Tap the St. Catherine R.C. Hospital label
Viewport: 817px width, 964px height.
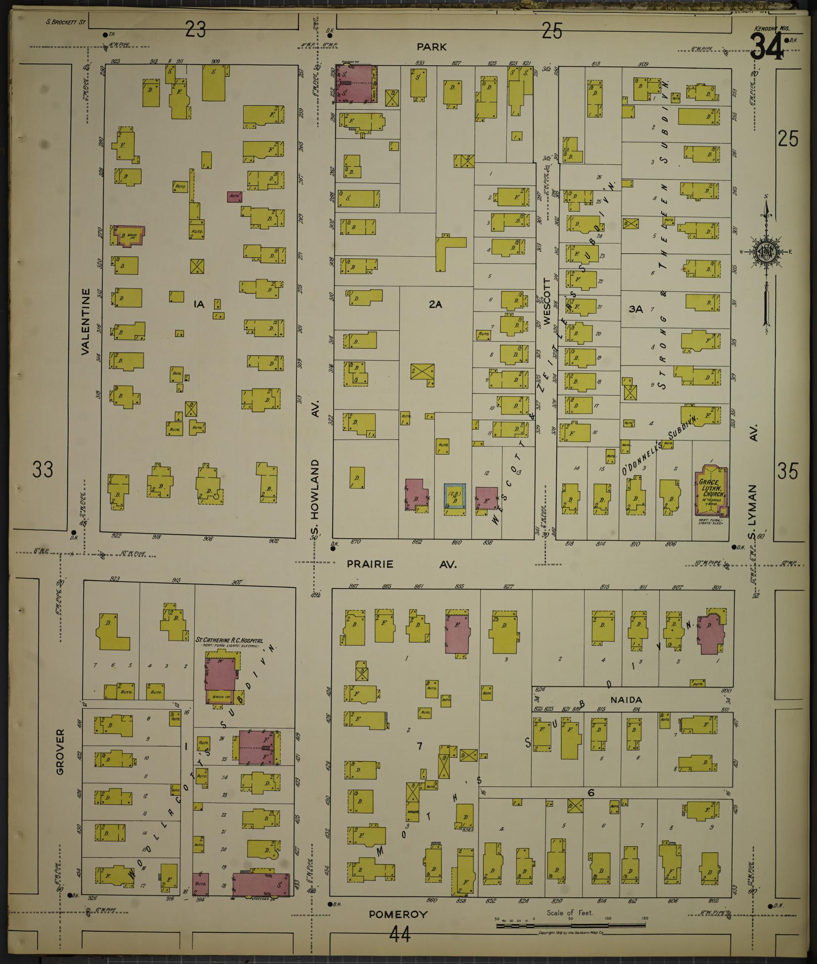[x=233, y=640]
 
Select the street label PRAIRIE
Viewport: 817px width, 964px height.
[x=370, y=564]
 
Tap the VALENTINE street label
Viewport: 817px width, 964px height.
[x=86, y=322]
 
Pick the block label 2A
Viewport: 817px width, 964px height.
[x=435, y=305]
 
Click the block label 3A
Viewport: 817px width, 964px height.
[x=635, y=309]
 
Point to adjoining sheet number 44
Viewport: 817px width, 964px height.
[x=400, y=935]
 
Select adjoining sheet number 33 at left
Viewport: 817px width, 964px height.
[x=43, y=469]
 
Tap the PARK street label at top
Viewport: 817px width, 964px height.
[x=432, y=47]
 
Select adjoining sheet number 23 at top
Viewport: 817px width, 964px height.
[x=196, y=31]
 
